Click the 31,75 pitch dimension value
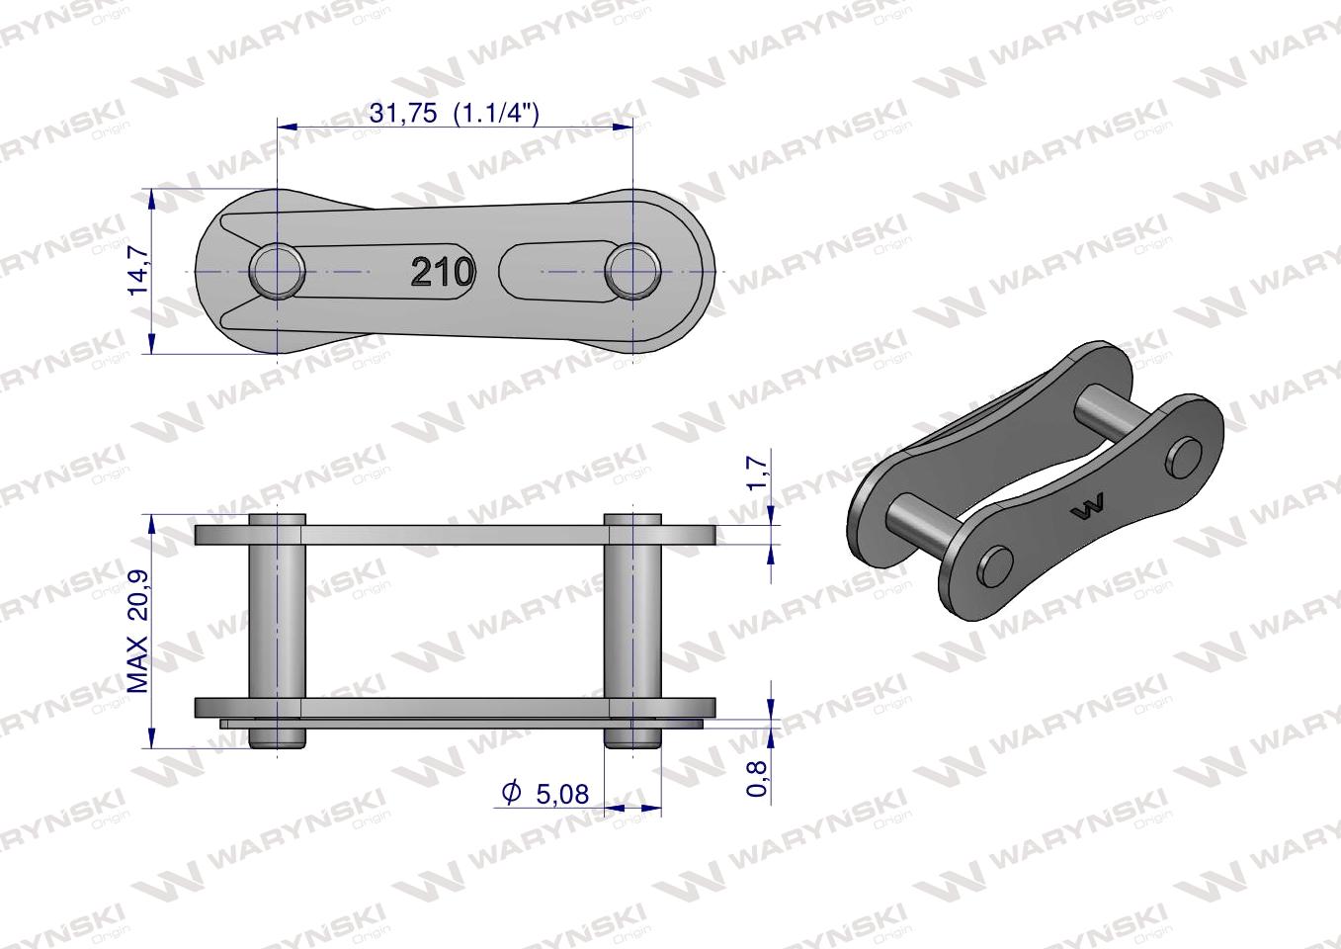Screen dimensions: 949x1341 (402, 113)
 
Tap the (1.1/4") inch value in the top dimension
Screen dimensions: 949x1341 (495, 113)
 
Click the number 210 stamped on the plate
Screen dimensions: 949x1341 (442, 271)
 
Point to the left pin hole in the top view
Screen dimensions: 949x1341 (277, 270)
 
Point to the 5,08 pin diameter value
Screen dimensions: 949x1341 (561, 793)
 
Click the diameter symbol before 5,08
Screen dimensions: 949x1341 (511, 793)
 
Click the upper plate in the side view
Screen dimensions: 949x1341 (455, 535)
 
